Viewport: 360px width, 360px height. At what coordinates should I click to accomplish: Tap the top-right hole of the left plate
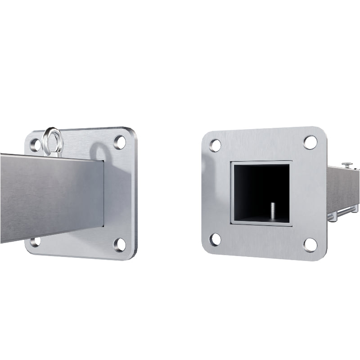click(x=120, y=143)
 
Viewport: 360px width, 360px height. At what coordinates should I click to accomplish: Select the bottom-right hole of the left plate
click(x=120, y=244)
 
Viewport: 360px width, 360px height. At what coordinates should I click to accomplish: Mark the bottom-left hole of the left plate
click(x=35, y=241)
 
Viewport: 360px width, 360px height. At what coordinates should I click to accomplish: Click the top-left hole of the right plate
click(x=216, y=145)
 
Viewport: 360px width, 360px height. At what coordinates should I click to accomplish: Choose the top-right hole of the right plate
click(x=310, y=142)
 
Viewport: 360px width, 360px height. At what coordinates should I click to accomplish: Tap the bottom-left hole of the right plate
click(x=216, y=239)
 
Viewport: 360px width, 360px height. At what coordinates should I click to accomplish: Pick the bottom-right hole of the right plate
click(x=310, y=245)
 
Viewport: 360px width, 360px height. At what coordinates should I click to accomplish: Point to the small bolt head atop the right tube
click(x=347, y=165)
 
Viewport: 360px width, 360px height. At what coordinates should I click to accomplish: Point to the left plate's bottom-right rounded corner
click(x=132, y=256)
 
